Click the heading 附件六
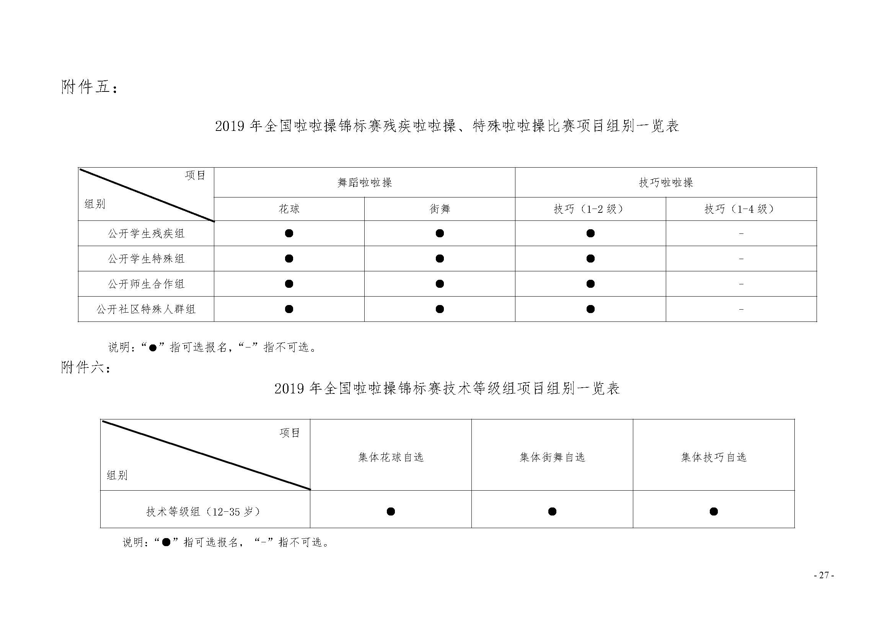tap(86, 367)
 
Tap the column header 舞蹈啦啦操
tap(365, 183)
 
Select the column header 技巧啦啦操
tap(666, 183)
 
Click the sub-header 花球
tap(289, 209)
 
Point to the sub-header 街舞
tap(440, 209)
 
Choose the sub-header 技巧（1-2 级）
tap(590, 209)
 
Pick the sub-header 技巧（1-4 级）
tap(741, 209)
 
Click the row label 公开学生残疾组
tap(146, 233)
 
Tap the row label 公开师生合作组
tap(146, 284)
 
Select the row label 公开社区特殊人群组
tap(146, 309)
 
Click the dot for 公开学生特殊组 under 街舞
tap(440, 258)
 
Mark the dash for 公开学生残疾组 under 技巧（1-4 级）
tap(741, 233)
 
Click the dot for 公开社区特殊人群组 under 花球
tap(289, 309)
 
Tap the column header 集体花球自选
tap(391, 457)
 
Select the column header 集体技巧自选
tap(714, 457)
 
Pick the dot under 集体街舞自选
tap(552, 511)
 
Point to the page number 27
tap(824, 575)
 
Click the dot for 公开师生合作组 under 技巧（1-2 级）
tap(590, 284)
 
